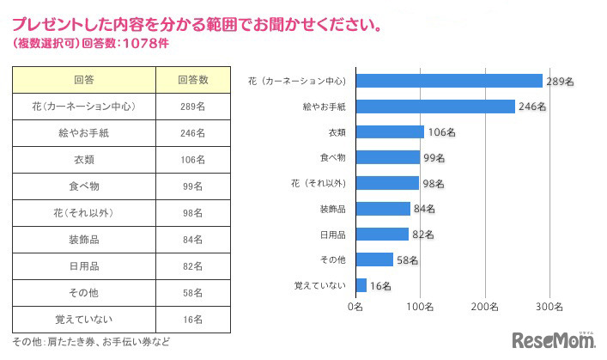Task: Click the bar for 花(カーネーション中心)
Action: click(x=449, y=81)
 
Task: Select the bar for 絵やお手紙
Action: click(x=435, y=107)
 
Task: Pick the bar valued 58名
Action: click(x=373, y=259)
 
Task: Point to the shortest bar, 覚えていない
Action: click(x=361, y=285)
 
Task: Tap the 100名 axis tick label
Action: click(x=420, y=306)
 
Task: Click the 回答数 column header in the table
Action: click(x=193, y=80)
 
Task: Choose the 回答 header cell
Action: click(x=84, y=80)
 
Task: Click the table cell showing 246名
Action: click(x=193, y=133)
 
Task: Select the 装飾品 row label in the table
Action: click(x=84, y=240)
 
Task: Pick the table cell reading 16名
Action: click(x=193, y=320)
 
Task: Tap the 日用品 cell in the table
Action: click(x=84, y=266)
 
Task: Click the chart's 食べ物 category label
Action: click(x=331, y=158)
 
